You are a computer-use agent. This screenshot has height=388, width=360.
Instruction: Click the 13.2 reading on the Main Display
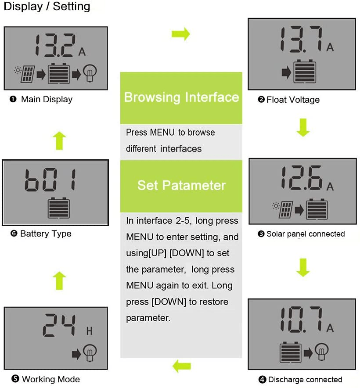coord(55,46)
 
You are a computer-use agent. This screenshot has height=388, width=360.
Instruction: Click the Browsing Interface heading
coord(181,97)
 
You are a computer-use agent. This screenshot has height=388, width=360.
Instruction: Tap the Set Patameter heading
coord(181,185)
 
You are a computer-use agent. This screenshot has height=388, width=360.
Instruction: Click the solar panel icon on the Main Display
coord(27,74)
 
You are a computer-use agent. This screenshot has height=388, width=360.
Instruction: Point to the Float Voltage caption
coord(293,100)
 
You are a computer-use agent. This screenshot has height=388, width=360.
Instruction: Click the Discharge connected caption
coord(305,379)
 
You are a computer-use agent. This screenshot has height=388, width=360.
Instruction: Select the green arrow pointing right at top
coord(180,34)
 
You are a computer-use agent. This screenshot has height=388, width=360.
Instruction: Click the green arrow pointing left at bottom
coord(181,365)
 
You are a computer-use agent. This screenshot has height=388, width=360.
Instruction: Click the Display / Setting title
coord(47,7)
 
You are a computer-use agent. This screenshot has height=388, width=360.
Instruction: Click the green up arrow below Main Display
coord(60,141)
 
